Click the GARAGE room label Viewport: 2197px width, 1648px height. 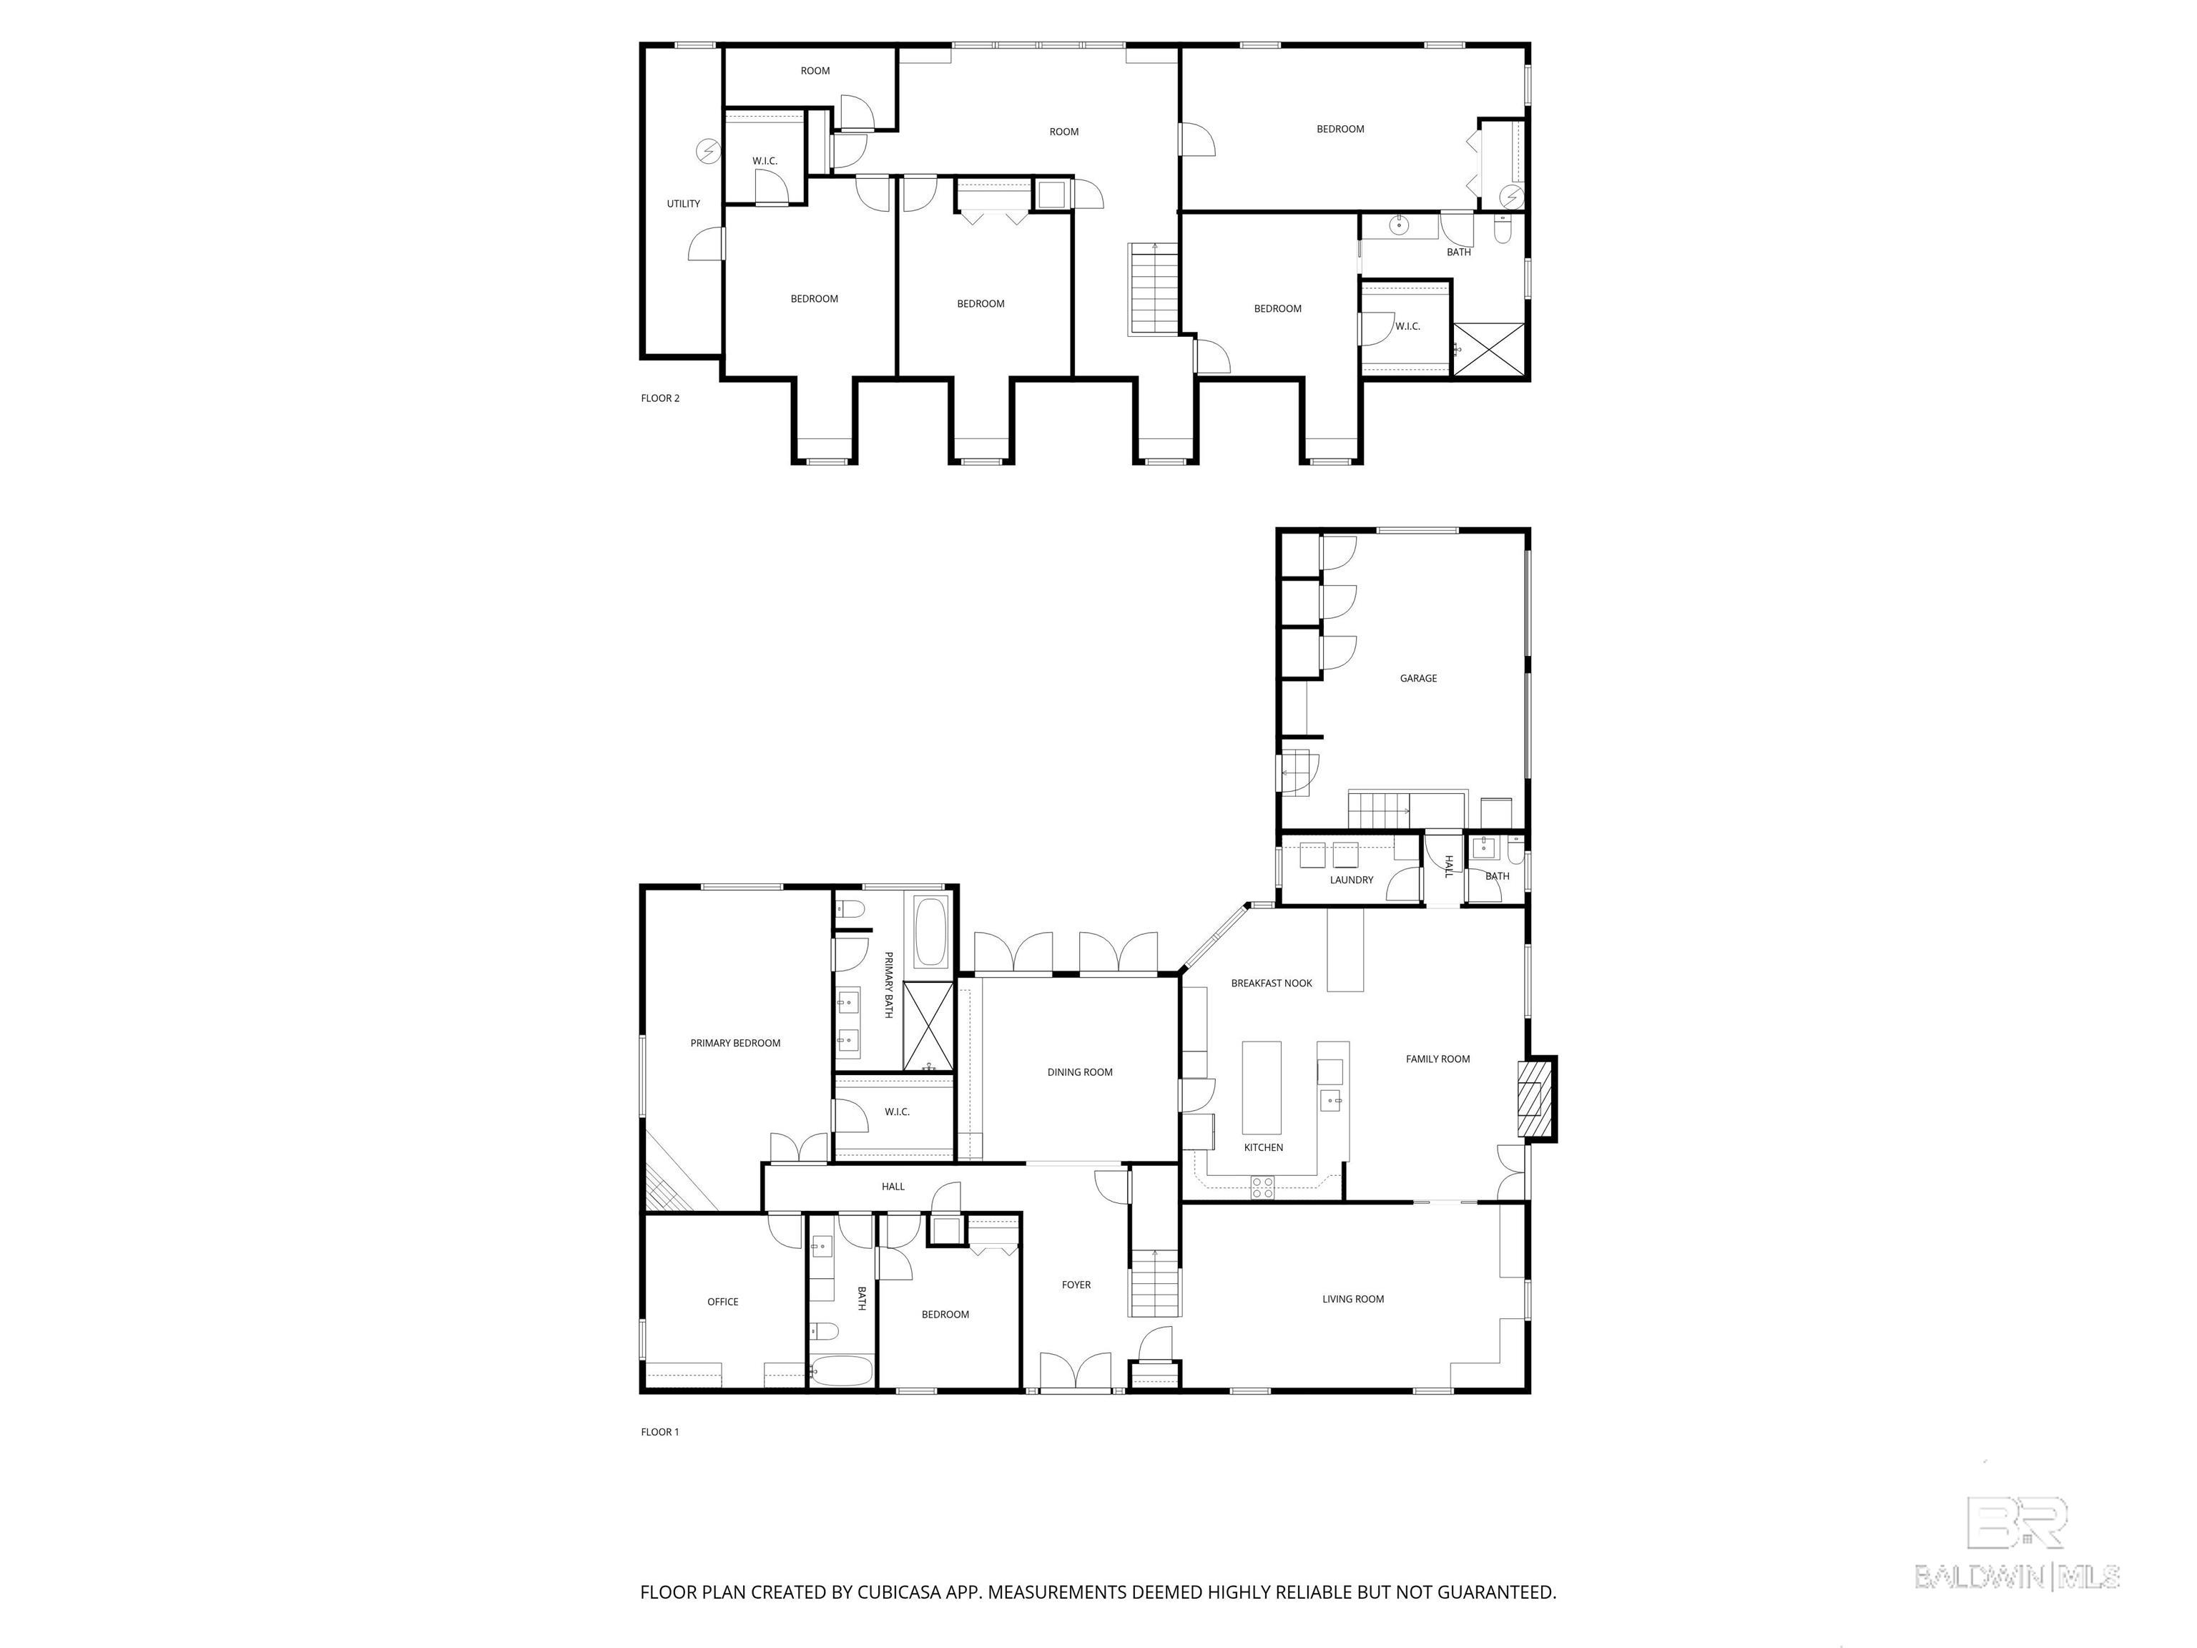1417,679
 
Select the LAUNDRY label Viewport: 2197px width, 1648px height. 1351,880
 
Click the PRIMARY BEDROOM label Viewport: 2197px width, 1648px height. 735,1043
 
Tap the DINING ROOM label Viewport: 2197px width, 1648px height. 1080,1072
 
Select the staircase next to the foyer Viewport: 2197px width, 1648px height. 1154,1282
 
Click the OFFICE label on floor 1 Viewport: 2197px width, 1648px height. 722,1301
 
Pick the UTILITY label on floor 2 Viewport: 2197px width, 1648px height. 683,204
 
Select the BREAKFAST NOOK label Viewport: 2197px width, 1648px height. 1272,984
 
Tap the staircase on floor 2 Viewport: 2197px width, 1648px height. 1153,289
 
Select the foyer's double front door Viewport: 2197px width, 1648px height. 1075,1372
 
